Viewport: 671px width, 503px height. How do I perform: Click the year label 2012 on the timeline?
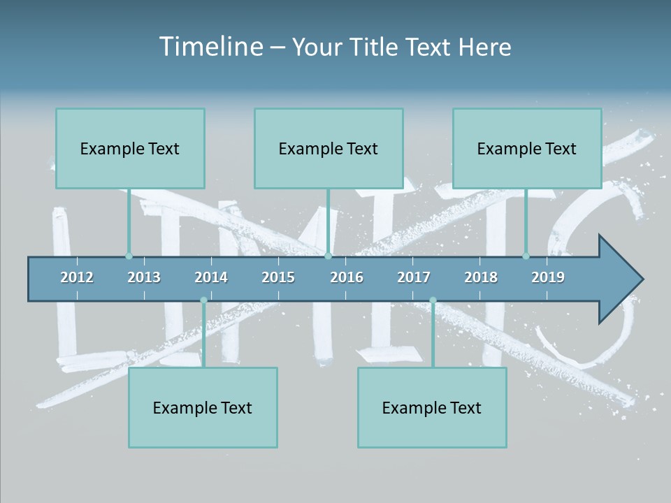pos(77,277)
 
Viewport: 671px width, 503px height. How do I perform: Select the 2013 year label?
pos(144,277)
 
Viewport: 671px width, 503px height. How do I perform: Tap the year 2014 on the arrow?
pos(211,277)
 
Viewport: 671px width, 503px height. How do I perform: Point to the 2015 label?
pos(278,277)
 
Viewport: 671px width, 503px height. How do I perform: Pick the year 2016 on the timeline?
pos(347,277)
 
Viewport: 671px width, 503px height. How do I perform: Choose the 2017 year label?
pos(414,277)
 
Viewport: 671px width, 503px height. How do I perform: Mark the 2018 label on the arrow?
pos(481,277)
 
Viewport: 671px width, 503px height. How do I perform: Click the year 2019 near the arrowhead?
pos(548,277)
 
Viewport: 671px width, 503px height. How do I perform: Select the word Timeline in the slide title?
pos(210,47)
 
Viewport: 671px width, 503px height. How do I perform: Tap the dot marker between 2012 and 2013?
pos(129,256)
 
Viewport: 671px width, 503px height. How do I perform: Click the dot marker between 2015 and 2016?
pos(328,256)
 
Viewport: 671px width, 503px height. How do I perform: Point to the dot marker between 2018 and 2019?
pos(526,256)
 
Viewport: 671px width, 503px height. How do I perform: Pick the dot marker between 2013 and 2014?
pos(203,300)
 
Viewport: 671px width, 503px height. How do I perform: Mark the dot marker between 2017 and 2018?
pos(433,300)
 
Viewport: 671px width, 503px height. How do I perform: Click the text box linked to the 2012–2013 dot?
pos(130,148)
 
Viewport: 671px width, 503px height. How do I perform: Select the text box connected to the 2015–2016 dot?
pos(329,148)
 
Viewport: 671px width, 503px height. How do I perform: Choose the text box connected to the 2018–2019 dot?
pos(527,148)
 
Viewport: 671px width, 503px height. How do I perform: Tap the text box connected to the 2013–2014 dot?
pos(203,407)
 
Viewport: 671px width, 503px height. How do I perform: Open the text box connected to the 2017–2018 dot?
pos(432,407)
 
